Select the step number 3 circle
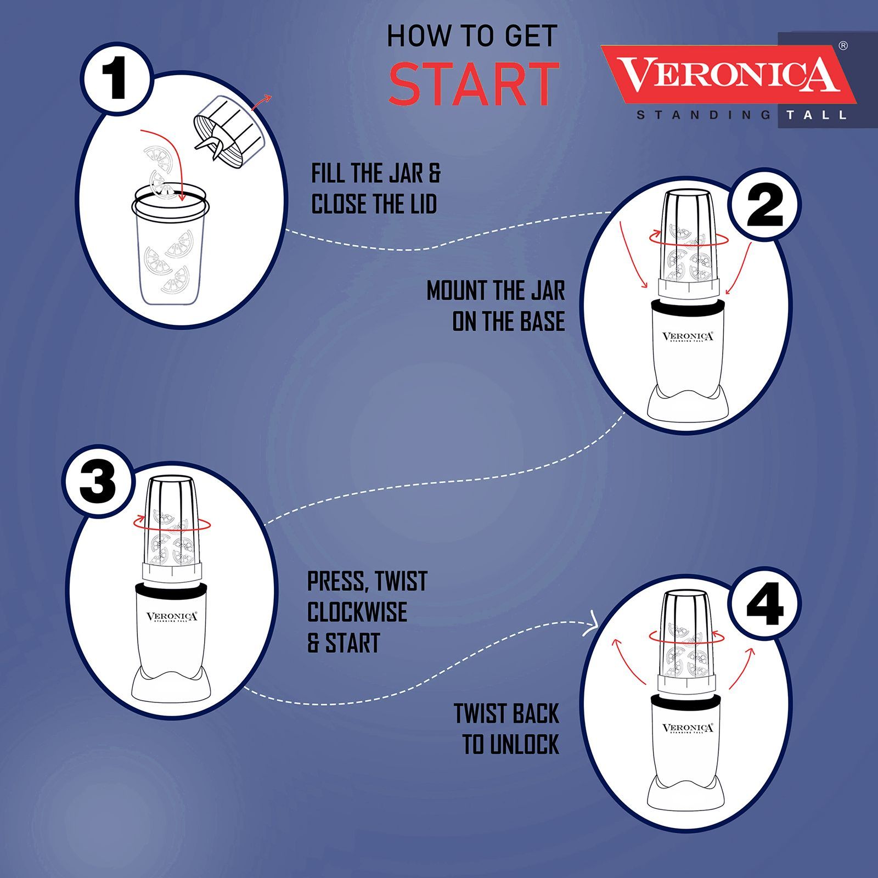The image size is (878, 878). pos(98,483)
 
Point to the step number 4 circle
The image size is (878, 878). pos(764,604)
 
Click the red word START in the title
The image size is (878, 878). pos(473,84)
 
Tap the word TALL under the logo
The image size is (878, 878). pos(816,115)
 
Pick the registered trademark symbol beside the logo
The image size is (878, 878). pos(843,46)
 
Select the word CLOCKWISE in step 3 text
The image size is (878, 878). pos(357,612)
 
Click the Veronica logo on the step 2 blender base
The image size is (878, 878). pos(688,337)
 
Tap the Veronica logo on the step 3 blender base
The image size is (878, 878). pos(171,617)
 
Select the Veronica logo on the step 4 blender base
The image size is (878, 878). pos(688,729)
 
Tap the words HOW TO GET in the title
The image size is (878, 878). pos(472,37)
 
